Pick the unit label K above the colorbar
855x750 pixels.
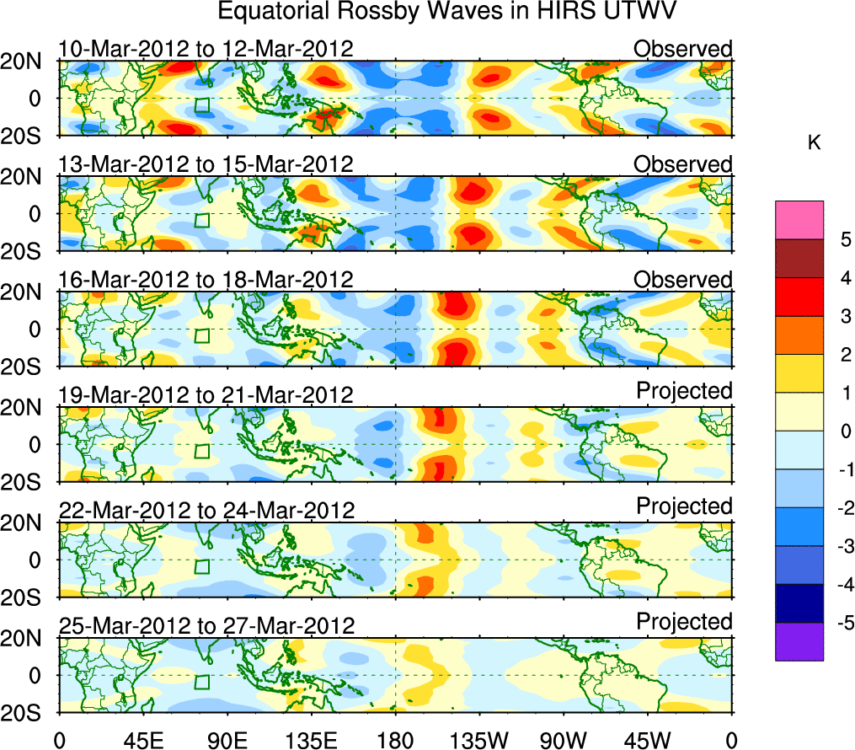pyautogui.click(x=814, y=144)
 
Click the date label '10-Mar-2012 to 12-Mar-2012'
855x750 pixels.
pyautogui.click(x=206, y=49)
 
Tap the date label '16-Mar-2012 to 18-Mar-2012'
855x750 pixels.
pyautogui.click(x=206, y=280)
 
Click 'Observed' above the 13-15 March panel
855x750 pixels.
pyautogui.click(x=683, y=164)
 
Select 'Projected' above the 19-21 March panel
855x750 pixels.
pyautogui.click(x=684, y=391)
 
